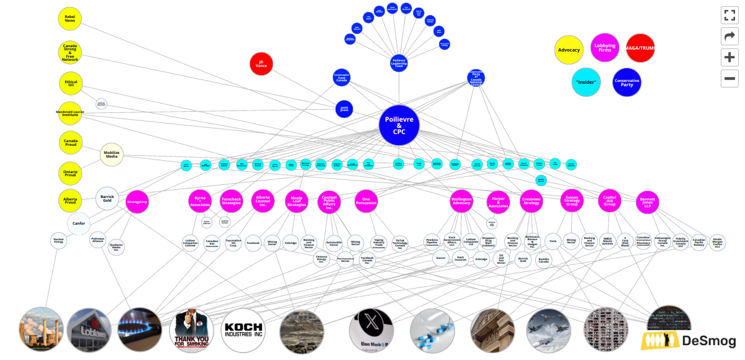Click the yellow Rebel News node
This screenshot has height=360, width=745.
70,19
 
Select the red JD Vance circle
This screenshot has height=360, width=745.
261,63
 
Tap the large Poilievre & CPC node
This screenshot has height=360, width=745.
399,124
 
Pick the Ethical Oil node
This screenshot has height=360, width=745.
70,83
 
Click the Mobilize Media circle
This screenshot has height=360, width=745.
112,154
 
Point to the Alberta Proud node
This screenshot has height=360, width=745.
70,200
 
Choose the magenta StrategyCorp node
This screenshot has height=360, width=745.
137,202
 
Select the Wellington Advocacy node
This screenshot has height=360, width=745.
462,201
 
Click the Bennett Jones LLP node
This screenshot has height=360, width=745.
647,201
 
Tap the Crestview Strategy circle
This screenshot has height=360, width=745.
531,201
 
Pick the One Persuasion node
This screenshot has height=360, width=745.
366,201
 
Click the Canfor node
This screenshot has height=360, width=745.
79,223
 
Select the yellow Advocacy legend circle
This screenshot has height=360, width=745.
569,49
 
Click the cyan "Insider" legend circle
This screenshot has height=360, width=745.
586,82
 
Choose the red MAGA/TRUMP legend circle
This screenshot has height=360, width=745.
640,48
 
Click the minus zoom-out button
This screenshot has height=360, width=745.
729,79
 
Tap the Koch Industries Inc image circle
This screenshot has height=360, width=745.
243,330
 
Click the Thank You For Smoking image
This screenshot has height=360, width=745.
192,330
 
